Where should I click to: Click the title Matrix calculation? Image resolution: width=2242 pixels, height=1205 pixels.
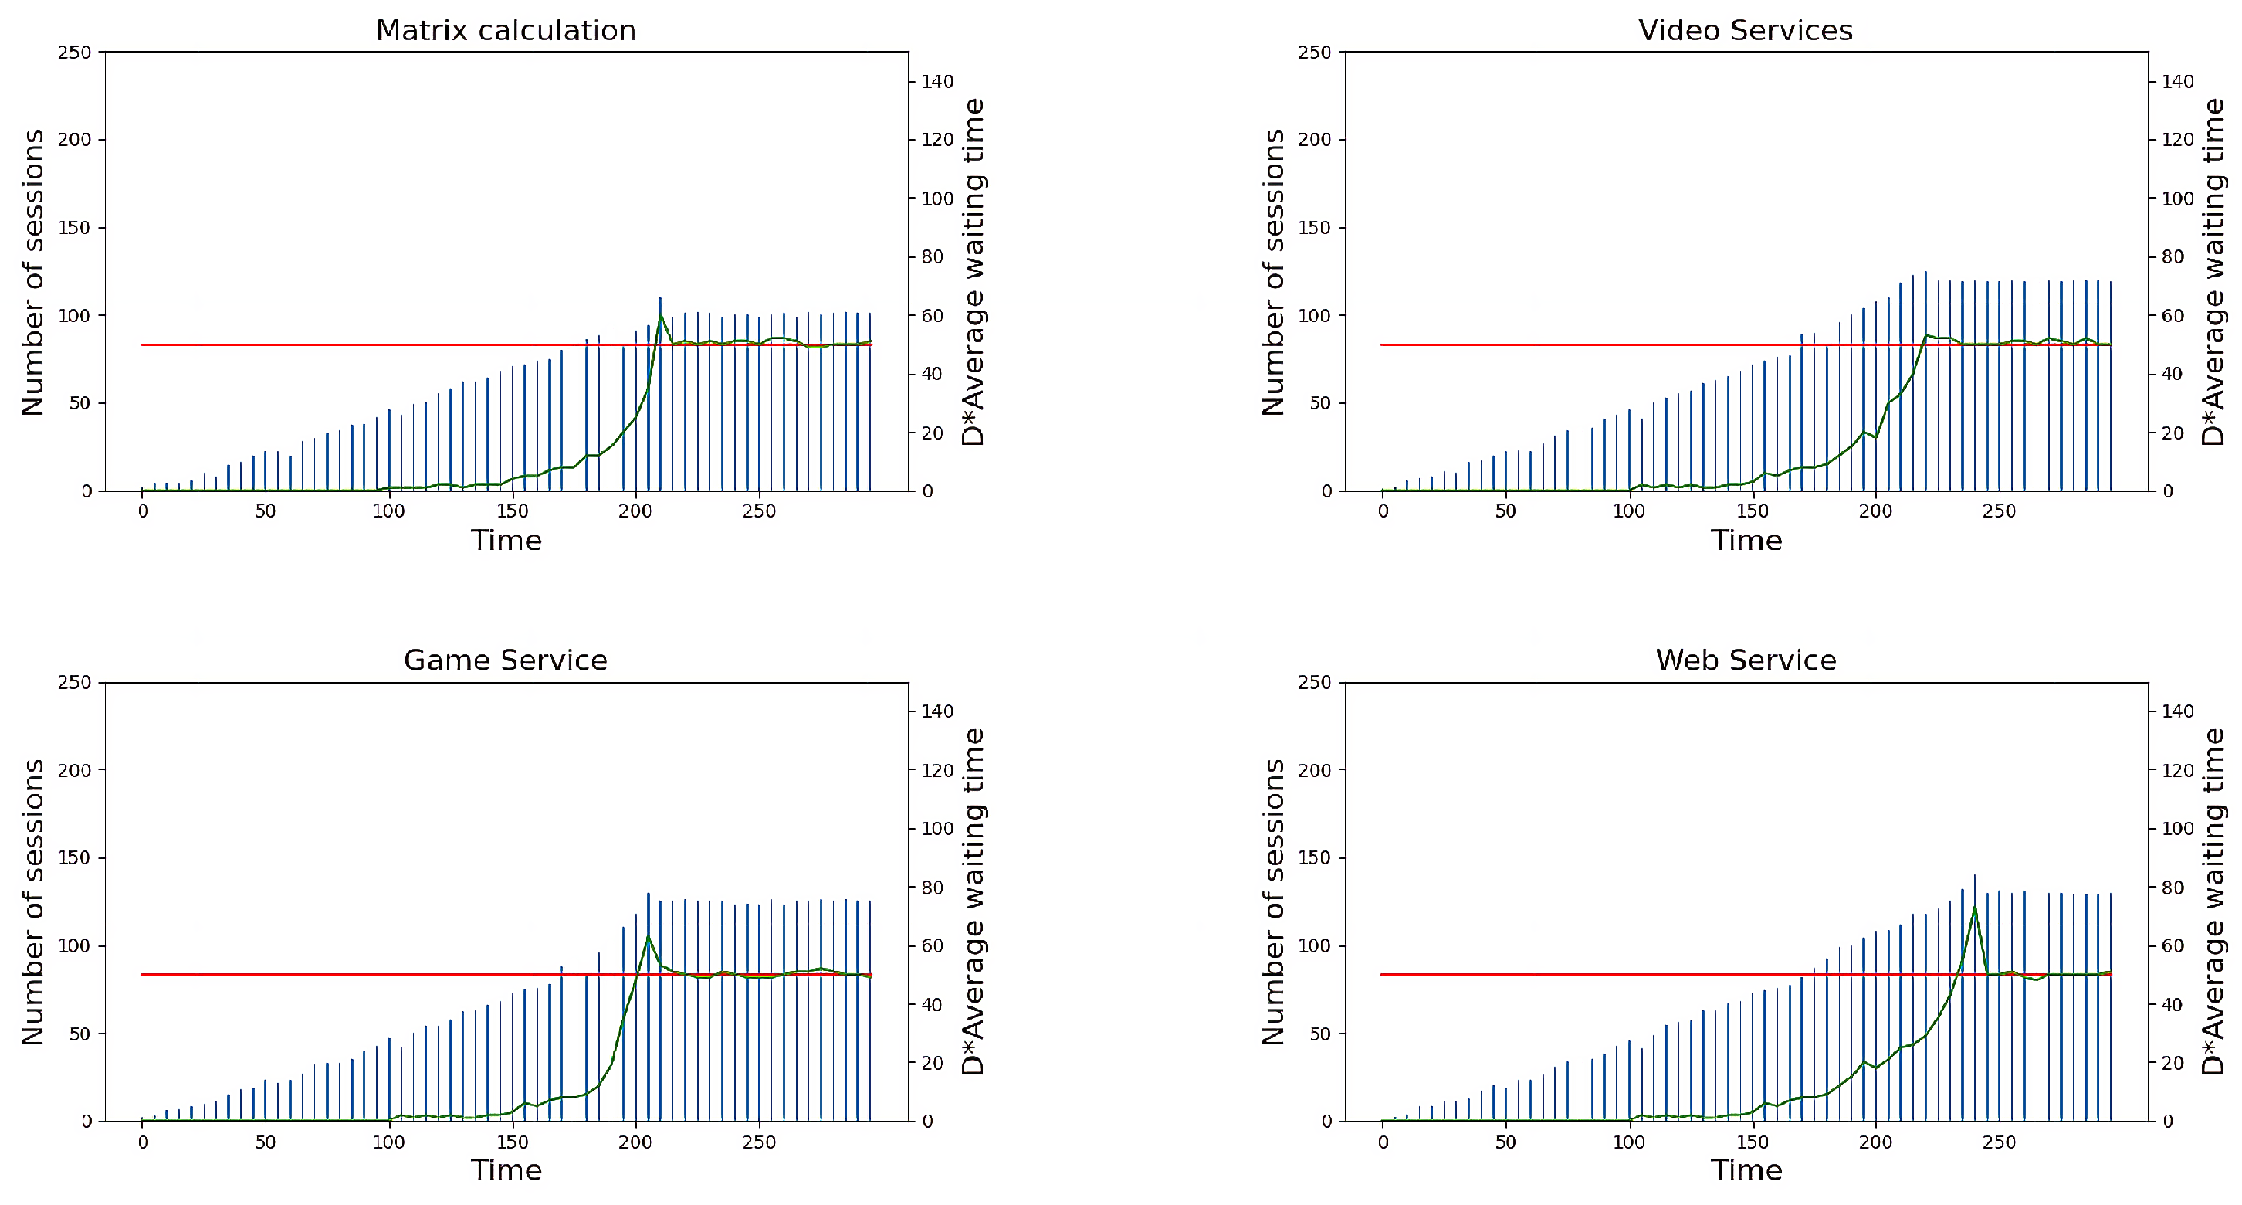click(x=506, y=30)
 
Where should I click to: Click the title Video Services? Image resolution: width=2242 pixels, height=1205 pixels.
click(x=1745, y=30)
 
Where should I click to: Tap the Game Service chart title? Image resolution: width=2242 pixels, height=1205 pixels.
click(x=505, y=660)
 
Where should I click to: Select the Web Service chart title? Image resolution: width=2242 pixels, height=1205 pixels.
click(x=1745, y=660)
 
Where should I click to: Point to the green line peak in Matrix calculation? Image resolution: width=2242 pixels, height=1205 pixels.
click(x=661, y=316)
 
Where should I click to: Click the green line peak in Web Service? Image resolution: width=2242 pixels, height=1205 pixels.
click(x=1974, y=908)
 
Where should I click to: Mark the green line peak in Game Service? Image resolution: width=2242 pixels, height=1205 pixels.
click(x=648, y=937)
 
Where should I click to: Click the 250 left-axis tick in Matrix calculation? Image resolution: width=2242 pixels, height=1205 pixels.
click(x=74, y=53)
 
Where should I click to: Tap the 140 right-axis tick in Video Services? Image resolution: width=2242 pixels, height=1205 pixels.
click(x=2178, y=81)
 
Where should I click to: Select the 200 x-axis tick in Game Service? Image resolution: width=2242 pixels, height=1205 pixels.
click(x=635, y=1142)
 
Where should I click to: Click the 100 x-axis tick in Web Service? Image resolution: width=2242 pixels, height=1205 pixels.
click(x=1628, y=1142)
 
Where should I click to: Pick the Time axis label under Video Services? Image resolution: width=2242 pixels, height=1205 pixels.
click(x=1746, y=541)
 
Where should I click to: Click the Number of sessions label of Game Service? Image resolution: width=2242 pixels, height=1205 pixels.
click(x=33, y=901)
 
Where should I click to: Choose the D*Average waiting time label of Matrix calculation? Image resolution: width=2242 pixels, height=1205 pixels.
click(x=973, y=272)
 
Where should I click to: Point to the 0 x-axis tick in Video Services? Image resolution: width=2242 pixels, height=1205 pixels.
click(x=1383, y=512)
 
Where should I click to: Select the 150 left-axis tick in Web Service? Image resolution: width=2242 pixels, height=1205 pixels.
click(x=1314, y=857)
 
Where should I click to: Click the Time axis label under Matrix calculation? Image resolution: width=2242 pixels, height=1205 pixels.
click(x=506, y=541)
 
